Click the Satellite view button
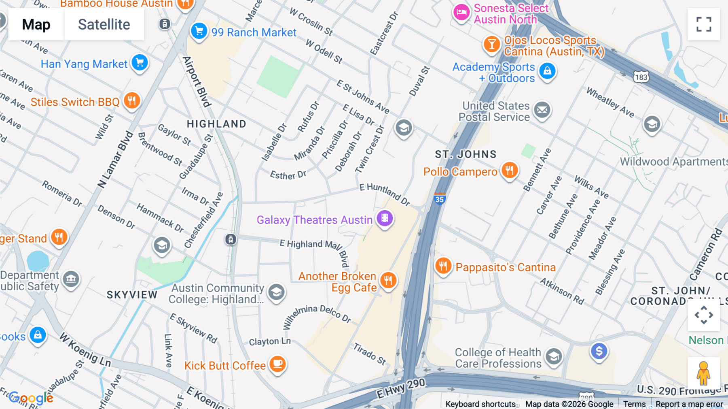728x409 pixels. [104, 24]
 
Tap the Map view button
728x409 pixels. [36, 24]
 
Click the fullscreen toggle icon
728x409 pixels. [704, 24]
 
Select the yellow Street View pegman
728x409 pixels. [703, 373]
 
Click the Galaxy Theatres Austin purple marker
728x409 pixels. [385, 218]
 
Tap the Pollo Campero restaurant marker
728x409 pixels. [510, 170]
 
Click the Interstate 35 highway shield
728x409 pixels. [440, 199]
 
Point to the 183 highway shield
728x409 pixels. [641, 77]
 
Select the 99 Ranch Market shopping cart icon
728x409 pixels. [199, 31]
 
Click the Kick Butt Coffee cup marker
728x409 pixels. [277, 363]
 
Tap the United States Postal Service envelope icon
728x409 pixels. [542, 110]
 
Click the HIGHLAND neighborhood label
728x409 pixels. [216, 124]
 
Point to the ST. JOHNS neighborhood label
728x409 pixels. [466, 154]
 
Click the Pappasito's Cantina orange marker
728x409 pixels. [443, 266]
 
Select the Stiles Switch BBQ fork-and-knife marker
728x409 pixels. [132, 100]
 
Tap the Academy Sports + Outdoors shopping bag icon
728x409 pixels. [547, 71]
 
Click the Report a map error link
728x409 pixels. [689, 404]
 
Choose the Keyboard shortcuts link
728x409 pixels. [480, 404]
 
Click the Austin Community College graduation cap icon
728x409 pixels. [277, 292]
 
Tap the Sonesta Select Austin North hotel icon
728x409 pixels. [461, 13]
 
